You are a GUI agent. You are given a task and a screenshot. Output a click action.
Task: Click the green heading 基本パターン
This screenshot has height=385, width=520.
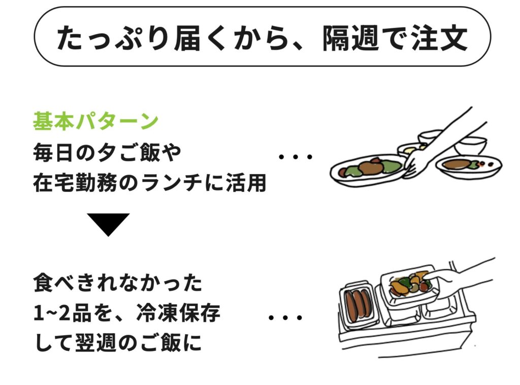click(x=95, y=122)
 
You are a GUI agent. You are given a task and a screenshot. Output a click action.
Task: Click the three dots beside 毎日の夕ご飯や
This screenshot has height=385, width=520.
click(x=296, y=156)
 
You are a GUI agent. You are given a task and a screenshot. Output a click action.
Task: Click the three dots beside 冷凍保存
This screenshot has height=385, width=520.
click(x=285, y=318)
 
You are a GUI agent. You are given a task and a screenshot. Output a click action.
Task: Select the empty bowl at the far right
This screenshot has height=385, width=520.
click(x=470, y=145)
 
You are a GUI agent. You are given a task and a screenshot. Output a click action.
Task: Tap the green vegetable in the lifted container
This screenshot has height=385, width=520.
click(x=404, y=282)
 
